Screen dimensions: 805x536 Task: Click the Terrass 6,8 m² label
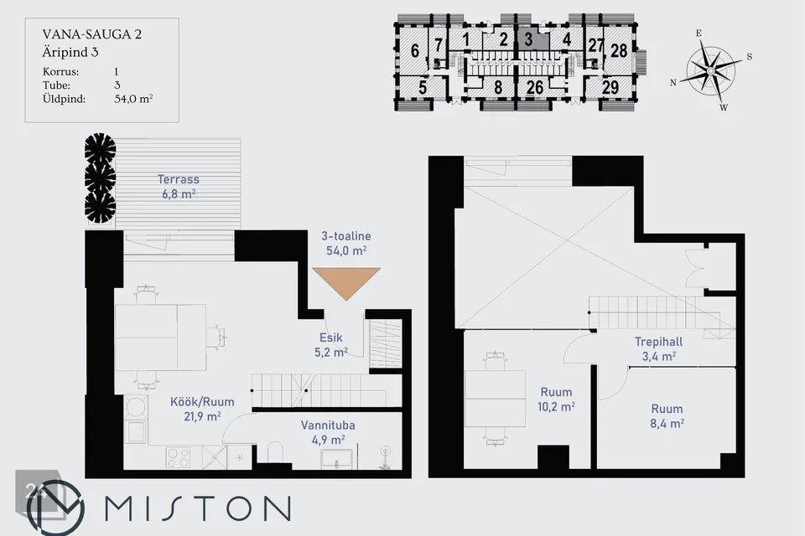(x=178, y=187)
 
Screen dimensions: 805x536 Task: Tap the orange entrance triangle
(x=346, y=282)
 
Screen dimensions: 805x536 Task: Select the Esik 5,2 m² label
(x=331, y=345)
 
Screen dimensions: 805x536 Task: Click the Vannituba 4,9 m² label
(x=328, y=432)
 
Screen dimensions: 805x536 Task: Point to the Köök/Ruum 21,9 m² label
(x=202, y=409)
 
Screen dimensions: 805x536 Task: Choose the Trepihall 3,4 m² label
(x=659, y=348)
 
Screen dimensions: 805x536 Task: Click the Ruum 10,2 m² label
(x=556, y=399)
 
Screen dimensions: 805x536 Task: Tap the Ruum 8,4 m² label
(x=667, y=416)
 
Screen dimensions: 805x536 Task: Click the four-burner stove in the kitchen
(x=178, y=457)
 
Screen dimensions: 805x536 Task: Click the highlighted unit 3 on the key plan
(x=532, y=39)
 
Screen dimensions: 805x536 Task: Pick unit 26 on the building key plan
(x=534, y=87)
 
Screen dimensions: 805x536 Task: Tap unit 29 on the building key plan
(x=610, y=87)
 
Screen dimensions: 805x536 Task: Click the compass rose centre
(x=710, y=70)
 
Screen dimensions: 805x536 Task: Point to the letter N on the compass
(x=673, y=83)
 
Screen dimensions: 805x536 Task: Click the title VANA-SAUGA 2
(x=92, y=34)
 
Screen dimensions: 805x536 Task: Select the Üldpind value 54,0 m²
(x=133, y=99)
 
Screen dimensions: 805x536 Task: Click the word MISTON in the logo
(x=198, y=508)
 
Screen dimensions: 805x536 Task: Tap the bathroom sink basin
(x=337, y=459)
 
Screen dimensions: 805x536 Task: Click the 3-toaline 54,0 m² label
(x=346, y=243)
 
